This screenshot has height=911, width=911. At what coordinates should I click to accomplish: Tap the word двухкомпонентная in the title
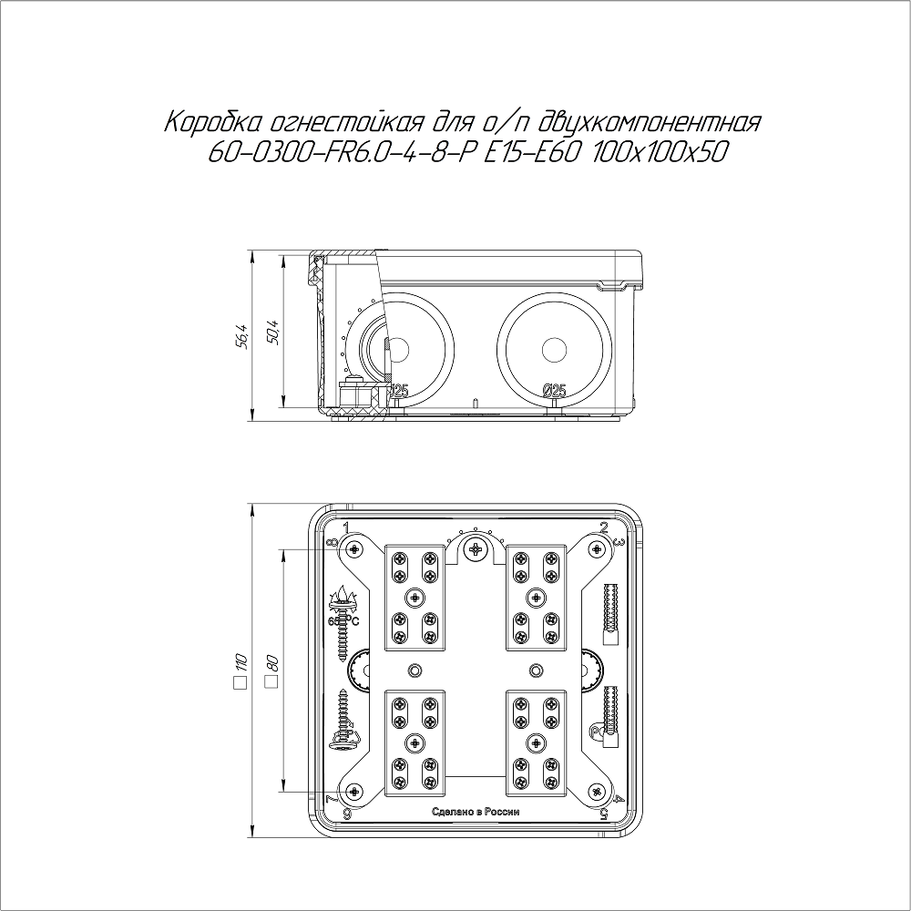(x=650, y=124)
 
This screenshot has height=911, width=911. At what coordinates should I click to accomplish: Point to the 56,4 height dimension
(x=243, y=336)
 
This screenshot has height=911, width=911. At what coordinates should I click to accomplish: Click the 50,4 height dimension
(x=274, y=333)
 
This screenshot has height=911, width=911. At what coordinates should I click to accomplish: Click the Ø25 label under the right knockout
(x=554, y=391)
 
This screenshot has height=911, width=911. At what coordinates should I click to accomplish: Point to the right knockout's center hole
(x=554, y=351)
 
